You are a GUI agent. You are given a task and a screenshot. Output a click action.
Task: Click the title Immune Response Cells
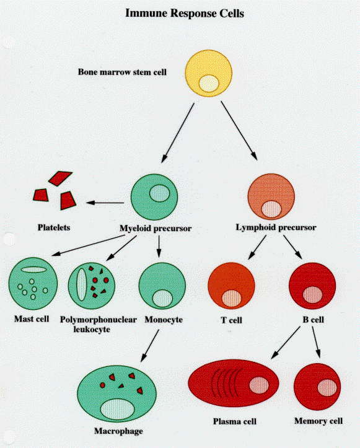click(x=185, y=14)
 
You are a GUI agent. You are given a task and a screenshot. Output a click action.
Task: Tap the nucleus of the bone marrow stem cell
click(x=209, y=83)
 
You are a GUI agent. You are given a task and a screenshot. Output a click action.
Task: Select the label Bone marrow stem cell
click(x=122, y=72)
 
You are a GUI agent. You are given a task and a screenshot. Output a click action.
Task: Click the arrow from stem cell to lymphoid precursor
click(x=239, y=131)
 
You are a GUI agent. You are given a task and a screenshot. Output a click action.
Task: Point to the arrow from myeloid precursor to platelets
click(x=105, y=203)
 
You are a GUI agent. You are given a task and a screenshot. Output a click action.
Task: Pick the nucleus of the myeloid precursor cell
click(x=159, y=193)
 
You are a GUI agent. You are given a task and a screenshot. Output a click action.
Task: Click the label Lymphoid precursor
click(x=276, y=227)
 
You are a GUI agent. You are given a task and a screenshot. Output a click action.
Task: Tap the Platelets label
click(x=54, y=227)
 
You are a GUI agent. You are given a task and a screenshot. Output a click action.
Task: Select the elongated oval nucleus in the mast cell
click(x=33, y=270)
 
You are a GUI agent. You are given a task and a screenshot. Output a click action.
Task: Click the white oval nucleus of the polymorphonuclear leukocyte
click(x=81, y=284)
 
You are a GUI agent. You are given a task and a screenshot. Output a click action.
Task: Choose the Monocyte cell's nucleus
click(x=162, y=298)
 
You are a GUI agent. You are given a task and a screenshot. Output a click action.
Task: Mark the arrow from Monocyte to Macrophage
click(x=150, y=346)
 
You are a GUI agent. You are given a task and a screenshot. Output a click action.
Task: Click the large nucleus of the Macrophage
click(x=118, y=409)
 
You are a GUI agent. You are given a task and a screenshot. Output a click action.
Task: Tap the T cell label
click(x=232, y=320)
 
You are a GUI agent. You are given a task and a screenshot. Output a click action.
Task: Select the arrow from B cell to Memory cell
click(x=316, y=342)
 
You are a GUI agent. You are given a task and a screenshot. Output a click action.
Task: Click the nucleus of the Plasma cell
click(x=259, y=385)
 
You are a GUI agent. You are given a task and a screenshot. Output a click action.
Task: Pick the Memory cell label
click(x=318, y=421)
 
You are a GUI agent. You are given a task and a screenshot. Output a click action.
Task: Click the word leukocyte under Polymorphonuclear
click(x=92, y=329)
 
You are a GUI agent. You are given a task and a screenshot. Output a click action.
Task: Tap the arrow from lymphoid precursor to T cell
click(x=257, y=247)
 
